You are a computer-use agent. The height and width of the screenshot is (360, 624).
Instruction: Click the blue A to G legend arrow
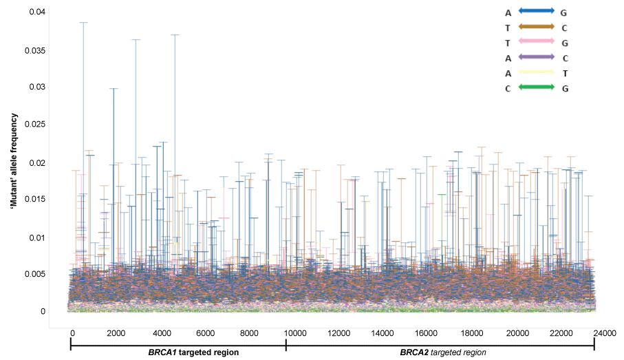pyautogui.click(x=536, y=12)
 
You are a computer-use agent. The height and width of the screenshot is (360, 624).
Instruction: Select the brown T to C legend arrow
pyautogui.click(x=536, y=27)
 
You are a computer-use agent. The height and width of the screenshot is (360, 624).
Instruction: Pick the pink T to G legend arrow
pyautogui.click(x=536, y=42)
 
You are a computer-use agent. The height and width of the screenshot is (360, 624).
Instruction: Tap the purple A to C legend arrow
pyautogui.click(x=536, y=57)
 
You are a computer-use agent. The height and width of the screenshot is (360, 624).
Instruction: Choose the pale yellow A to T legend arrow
pyautogui.click(x=536, y=72)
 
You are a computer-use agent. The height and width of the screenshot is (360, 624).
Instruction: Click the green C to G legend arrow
pyautogui.click(x=536, y=87)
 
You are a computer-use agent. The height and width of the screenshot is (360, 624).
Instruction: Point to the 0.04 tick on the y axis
pyautogui.click(x=36, y=12)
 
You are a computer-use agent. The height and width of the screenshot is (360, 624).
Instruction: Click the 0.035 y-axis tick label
pyautogui.click(x=34, y=50)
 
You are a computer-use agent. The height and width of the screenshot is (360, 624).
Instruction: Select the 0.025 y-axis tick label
pyautogui.click(x=34, y=125)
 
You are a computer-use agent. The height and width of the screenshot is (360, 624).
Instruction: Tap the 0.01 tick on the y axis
pyautogui.click(x=36, y=237)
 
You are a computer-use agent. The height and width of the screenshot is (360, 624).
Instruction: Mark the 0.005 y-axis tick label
pyautogui.click(x=34, y=274)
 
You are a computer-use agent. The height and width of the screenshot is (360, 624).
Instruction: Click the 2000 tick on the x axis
pyautogui.click(x=116, y=333)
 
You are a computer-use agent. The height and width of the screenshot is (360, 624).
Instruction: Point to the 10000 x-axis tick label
pyautogui.click(x=296, y=333)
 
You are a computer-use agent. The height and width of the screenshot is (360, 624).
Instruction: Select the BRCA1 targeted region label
pyautogui.click(x=193, y=352)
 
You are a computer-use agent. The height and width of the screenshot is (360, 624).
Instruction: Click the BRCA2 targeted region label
pyautogui.click(x=443, y=352)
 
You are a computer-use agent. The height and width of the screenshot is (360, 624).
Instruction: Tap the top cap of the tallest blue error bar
pyautogui.click(x=83, y=23)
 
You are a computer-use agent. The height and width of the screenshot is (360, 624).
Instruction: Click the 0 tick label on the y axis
pyautogui.click(x=43, y=311)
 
